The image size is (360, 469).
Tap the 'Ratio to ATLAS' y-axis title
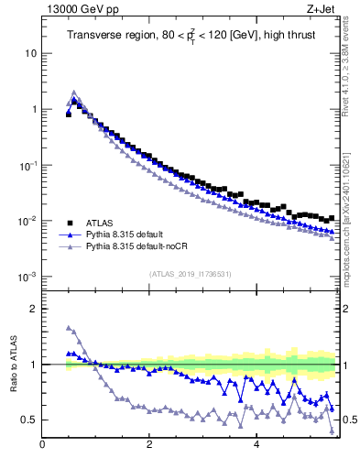coord(12,364)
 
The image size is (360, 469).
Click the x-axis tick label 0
coord(42,445)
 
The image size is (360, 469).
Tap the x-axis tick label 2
coord(149,445)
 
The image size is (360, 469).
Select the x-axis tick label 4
coord(256,445)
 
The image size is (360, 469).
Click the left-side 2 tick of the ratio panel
coord(33,309)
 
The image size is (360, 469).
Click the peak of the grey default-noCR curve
coord(74,93)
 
